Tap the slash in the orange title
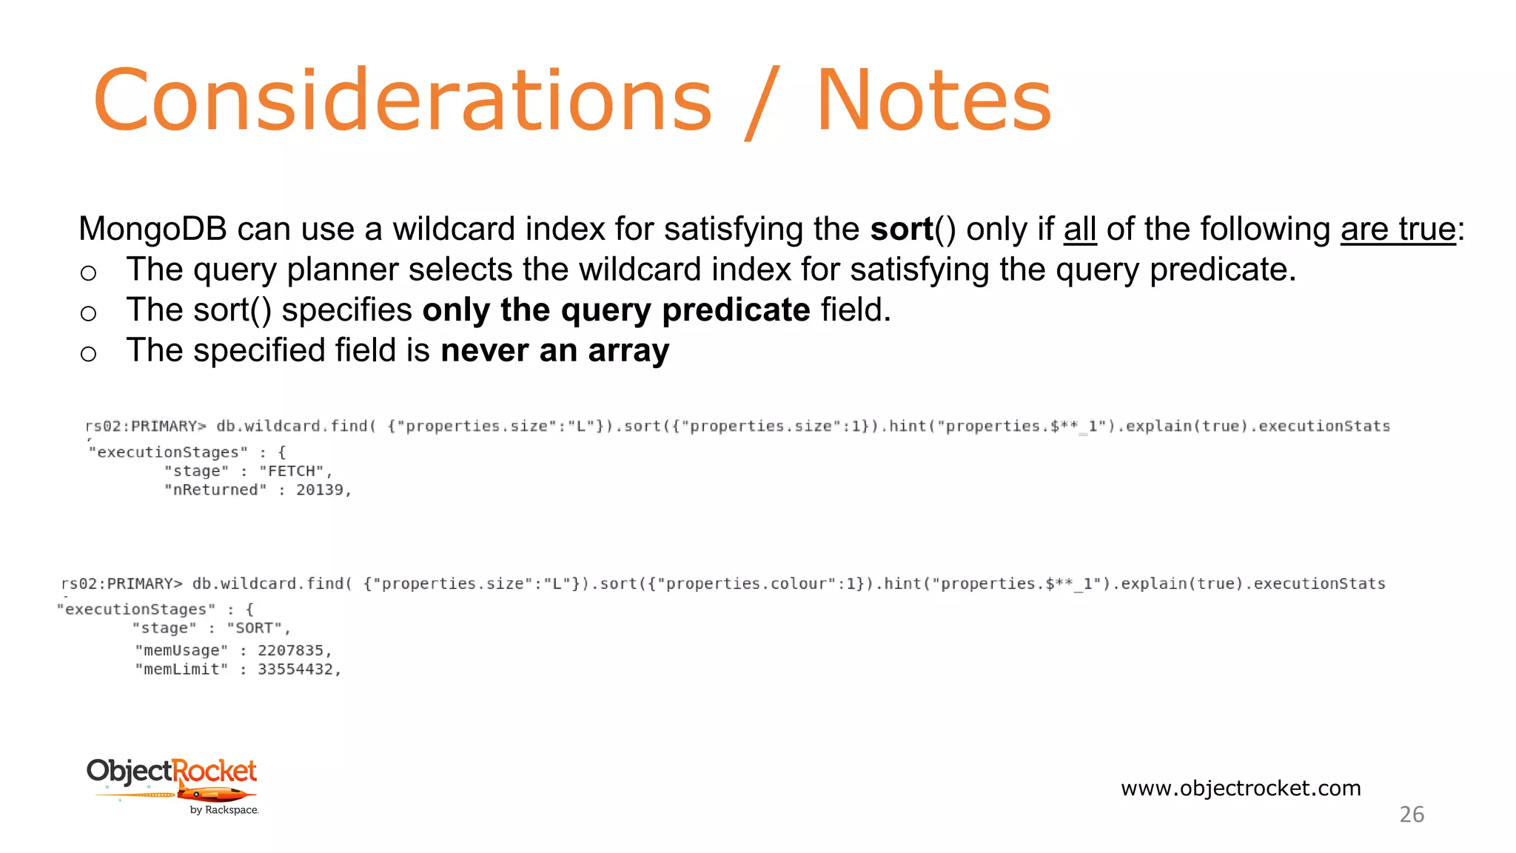tap(762, 102)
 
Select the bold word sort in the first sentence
tap(901, 230)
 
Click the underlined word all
tap(1079, 230)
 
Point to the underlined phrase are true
tap(1398, 230)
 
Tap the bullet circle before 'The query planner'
tap(88, 273)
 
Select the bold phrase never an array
tap(554, 350)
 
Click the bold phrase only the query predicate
tap(616, 310)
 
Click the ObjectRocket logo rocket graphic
tap(215, 795)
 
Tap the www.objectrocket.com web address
tap(1241, 788)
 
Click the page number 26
tap(1412, 814)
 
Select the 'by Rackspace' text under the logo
tap(224, 810)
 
